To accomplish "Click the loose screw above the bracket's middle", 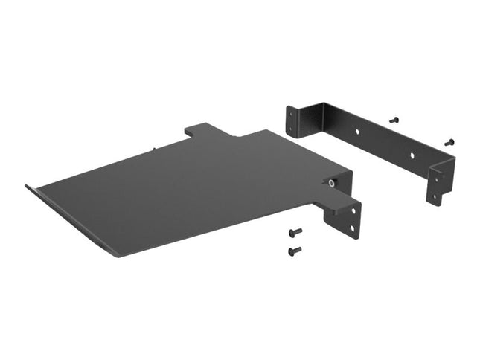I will point(394,119).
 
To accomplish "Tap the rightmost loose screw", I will point(449,142).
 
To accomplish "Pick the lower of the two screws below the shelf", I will point(293,251).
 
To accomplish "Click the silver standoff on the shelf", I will point(328,181).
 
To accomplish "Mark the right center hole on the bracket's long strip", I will point(412,157).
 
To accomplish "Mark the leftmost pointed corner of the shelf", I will point(27,186).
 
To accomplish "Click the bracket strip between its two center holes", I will point(385,144).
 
